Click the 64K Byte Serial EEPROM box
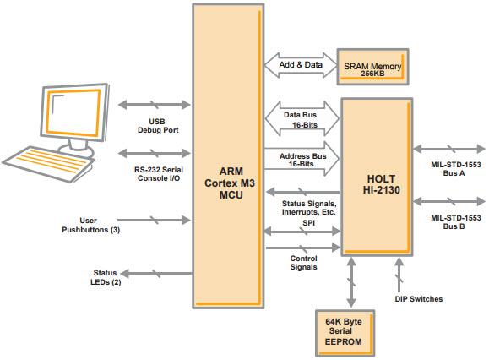point(345,330)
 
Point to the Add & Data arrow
point(302,65)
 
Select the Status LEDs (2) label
point(106,276)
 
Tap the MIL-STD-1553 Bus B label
point(455,223)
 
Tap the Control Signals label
point(303,263)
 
